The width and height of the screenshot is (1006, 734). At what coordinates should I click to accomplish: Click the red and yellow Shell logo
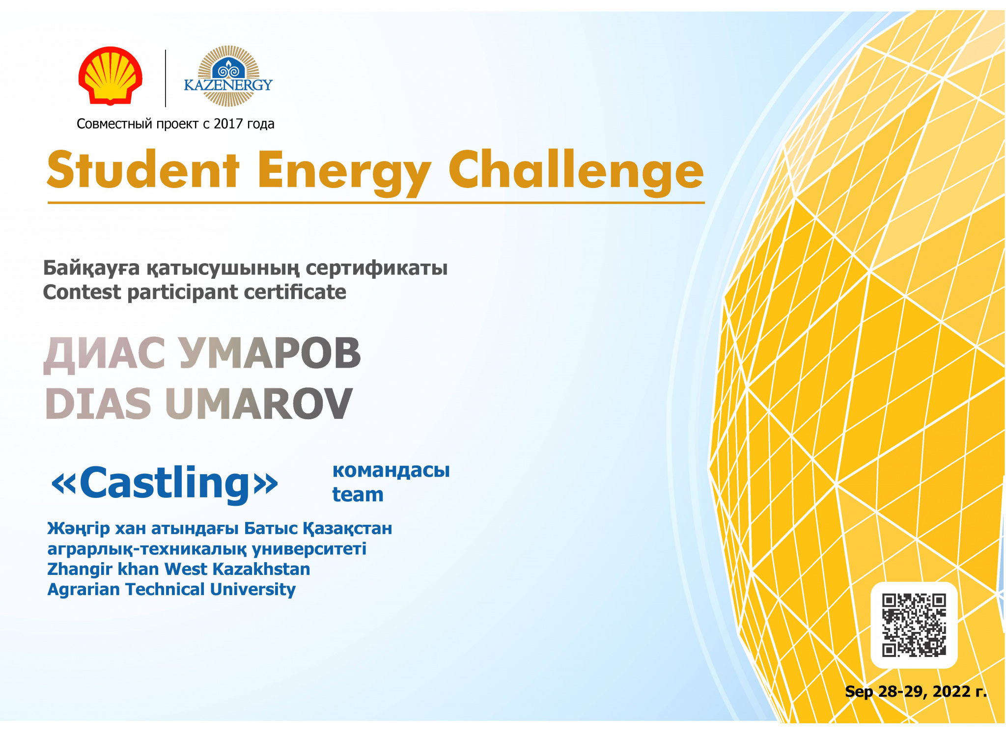tap(111, 76)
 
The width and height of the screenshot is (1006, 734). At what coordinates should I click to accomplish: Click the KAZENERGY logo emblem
tap(228, 76)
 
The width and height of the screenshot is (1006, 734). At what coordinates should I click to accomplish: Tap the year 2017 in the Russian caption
tap(228, 124)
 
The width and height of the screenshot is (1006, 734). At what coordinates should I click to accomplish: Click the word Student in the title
tap(143, 170)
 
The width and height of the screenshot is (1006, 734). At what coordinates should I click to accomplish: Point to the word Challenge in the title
tap(576, 172)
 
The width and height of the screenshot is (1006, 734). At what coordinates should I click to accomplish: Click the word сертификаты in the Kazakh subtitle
tap(377, 269)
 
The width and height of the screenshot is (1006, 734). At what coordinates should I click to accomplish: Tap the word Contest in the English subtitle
tap(82, 292)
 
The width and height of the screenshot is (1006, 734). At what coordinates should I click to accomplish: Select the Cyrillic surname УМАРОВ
tap(270, 353)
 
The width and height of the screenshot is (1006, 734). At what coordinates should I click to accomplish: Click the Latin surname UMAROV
tap(259, 404)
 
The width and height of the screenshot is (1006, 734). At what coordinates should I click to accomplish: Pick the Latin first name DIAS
tap(98, 404)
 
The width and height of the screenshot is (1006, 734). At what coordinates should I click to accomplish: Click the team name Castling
tap(165, 483)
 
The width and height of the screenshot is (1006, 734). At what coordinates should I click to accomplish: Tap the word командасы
tap(391, 470)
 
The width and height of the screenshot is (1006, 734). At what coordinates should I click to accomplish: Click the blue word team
tap(358, 494)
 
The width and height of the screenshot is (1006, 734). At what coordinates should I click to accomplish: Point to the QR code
tap(914, 625)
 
